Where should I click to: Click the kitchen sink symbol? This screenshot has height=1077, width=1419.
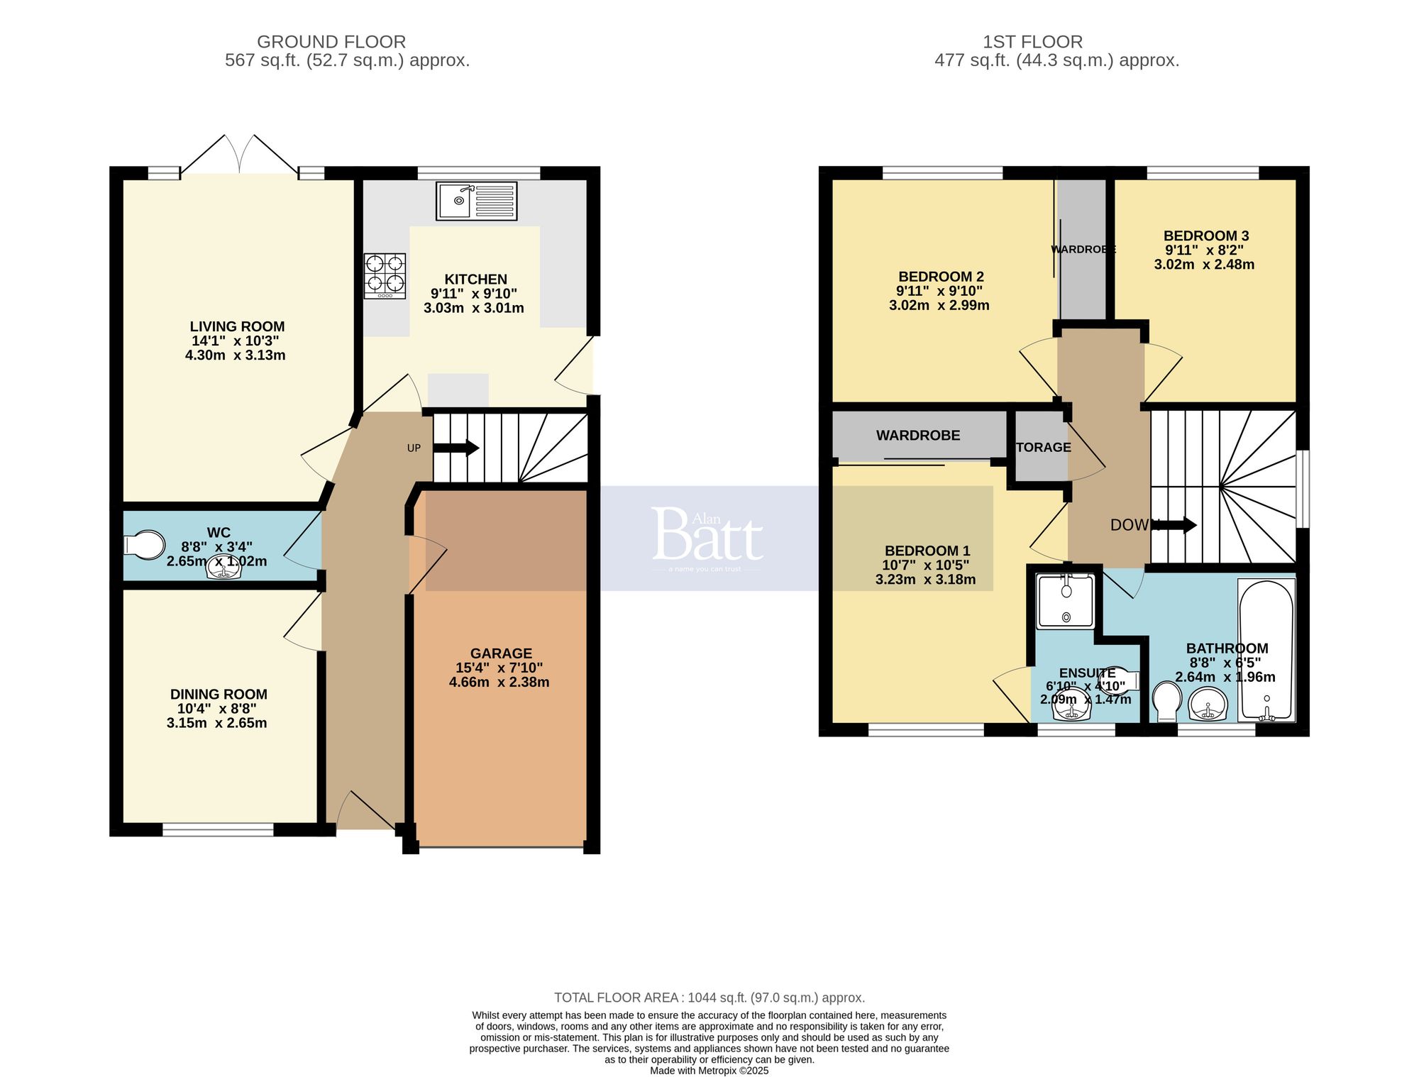[x=476, y=201]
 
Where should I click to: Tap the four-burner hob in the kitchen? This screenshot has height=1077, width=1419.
[x=385, y=276]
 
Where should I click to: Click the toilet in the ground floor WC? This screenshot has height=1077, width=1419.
[x=143, y=545]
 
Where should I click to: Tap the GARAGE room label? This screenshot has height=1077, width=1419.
[x=501, y=653]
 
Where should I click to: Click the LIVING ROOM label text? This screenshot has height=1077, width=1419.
[x=237, y=326]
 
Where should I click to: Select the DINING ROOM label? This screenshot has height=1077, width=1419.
[x=219, y=695]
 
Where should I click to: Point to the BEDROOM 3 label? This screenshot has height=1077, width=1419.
[x=1206, y=236]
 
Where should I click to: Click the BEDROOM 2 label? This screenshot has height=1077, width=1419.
[x=941, y=277]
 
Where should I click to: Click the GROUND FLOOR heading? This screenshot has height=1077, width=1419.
[x=331, y=42]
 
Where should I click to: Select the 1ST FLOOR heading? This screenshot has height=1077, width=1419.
[x=1032, y=42]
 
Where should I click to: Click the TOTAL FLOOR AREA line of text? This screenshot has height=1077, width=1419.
[x=709, y=998]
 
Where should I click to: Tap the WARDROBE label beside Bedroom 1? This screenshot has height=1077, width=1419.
[x=918, y=436]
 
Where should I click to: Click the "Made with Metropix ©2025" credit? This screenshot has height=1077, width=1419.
[x=709, y=1071]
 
